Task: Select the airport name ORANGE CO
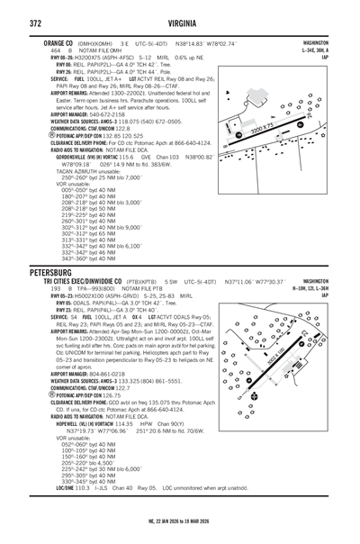[x=47, y=43]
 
